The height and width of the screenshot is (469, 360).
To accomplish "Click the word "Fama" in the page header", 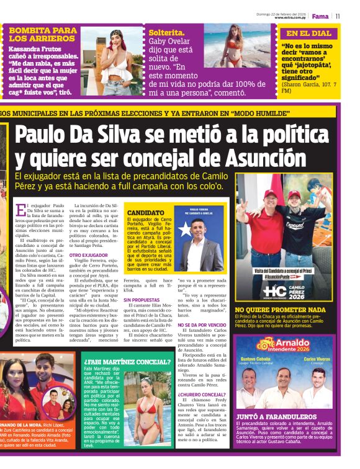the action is tap(320, 16).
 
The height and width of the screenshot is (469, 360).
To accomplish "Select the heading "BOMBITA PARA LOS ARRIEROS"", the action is tap(43, 33).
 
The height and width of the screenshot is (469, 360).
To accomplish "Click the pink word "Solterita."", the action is tap(166, 33).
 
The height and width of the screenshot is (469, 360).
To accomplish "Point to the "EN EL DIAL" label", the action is tap(308, 33).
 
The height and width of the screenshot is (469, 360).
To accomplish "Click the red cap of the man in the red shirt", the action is tap(271, 194).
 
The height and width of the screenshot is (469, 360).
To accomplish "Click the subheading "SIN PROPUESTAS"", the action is tap(142, 300).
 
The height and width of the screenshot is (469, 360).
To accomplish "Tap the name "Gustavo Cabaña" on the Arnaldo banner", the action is tap(255, 359).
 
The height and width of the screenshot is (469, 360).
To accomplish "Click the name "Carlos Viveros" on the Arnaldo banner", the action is tap(317, 359).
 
